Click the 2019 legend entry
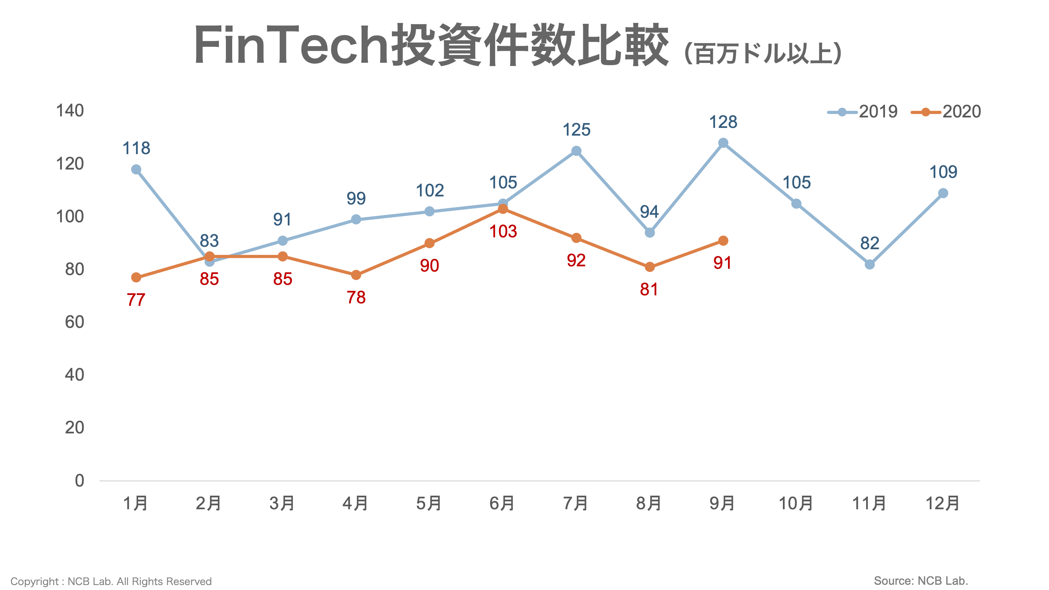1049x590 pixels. coord(863,111)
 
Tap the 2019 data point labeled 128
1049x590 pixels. coord(723,143)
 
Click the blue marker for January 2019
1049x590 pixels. coord(136,170)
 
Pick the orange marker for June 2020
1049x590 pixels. coord(503,209)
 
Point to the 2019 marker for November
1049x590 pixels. coord(869,264)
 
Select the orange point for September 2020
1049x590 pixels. coord(723,240)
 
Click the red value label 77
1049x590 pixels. coord(136,300)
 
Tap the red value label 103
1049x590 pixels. coord(503,232)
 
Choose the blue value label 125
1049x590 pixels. coord(576,130)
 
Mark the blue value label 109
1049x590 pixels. coord(943,172)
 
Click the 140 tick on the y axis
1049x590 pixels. coord(70,111)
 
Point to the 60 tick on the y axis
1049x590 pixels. coord(74,322)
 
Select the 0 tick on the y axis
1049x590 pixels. coord(79,481)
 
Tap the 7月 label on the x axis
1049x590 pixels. coord(576,503)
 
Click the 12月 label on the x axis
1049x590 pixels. coord(942,503)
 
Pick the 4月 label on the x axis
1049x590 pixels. coord(356,503)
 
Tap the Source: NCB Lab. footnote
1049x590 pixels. coord(920,581)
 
